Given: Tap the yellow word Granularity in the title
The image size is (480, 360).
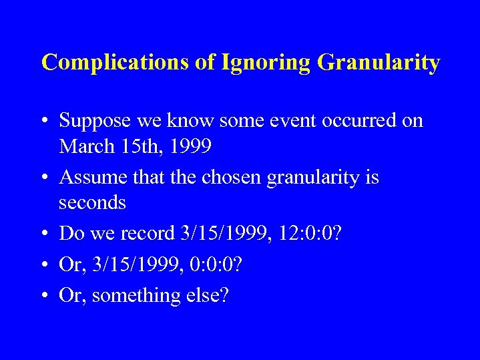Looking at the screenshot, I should point(379,63).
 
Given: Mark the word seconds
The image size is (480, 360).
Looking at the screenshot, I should point(92,202).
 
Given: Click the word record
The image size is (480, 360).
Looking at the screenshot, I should point(149,233).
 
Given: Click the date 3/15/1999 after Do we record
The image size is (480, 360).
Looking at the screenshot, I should point(220,233).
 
